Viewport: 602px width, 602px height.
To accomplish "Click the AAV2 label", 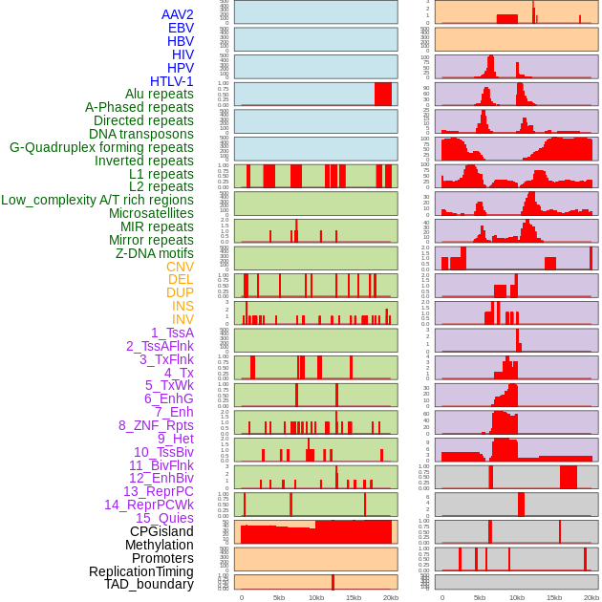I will (x=178, y=14).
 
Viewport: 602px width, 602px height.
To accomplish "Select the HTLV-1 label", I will (x=172, y=81).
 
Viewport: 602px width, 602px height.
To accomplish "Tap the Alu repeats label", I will (x=160, y=95).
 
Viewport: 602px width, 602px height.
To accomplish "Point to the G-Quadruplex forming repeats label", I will (x=101, y=148).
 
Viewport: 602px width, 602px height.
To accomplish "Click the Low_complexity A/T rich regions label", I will (x=97, y=201).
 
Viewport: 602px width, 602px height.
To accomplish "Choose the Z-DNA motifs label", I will (x=155, y=254).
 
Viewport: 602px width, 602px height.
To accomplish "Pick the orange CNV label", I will (x=180, y=268).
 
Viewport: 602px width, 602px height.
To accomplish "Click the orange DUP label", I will (x=180, y=293).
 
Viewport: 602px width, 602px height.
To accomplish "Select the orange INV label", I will (x=183, y=319).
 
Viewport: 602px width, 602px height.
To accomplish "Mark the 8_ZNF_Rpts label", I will (x=156, y=425).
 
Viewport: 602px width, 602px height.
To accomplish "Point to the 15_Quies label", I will (x=164, y=518).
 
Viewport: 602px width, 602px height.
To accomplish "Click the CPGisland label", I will (x=161, y=531).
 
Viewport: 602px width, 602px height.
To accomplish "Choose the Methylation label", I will (x=160, y=545).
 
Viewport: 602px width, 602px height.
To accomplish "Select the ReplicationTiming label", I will (x=140, y=571).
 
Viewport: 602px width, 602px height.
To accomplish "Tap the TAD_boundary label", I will (x=149, y=584).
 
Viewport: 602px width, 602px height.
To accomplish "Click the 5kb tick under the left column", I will (x=279, y=597).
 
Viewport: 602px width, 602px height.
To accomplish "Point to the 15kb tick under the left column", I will (x=354, y=597).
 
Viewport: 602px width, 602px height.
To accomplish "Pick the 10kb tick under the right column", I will (x=517, y=597).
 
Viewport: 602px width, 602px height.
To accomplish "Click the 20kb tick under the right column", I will (x=591, y=597).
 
